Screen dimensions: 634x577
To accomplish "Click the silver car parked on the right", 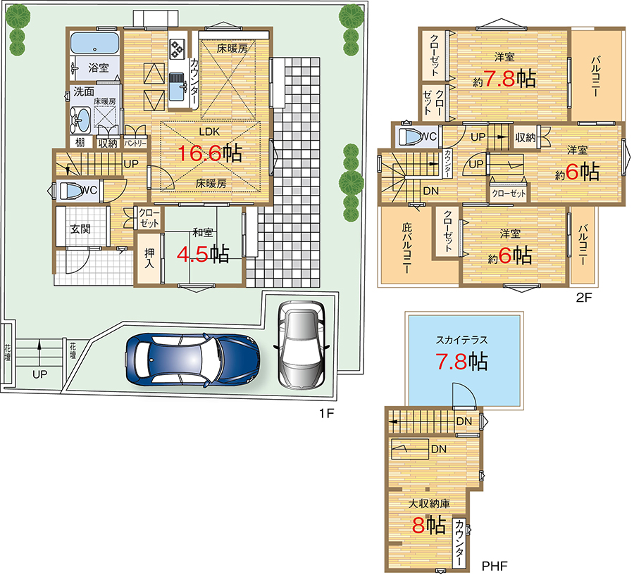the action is click(302, 345).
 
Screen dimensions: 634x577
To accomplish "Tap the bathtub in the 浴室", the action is click(94, 43).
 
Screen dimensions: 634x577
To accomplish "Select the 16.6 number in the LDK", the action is click(199, 153).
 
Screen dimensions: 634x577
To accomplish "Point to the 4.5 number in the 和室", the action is click(192, 255).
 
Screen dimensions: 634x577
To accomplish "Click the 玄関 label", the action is click(80, 229).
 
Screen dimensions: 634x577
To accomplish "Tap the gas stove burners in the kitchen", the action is click(177, 49).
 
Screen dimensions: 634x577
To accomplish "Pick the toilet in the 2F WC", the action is click(411, 137).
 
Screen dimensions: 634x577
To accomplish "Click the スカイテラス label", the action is click(461, 340).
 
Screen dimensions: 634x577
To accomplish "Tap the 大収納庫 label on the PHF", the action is click(428, 504).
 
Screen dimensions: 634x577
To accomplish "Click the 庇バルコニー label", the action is click(406, 247).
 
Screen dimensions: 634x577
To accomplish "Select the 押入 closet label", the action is click(149, 258).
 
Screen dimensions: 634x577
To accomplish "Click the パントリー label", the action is click(135, 144).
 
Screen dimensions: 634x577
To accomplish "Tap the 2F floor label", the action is click(583, 298).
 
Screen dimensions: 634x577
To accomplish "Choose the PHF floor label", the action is click(494, 566).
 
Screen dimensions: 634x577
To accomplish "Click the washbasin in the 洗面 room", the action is click(80, 120).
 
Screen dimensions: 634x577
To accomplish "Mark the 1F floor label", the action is click(326, 414).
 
